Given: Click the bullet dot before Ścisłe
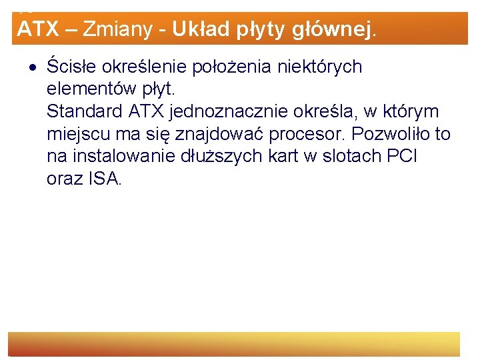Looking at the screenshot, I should (33, 67).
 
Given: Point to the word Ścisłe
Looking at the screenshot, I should (69, 67).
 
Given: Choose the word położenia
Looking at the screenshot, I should (230, 67).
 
